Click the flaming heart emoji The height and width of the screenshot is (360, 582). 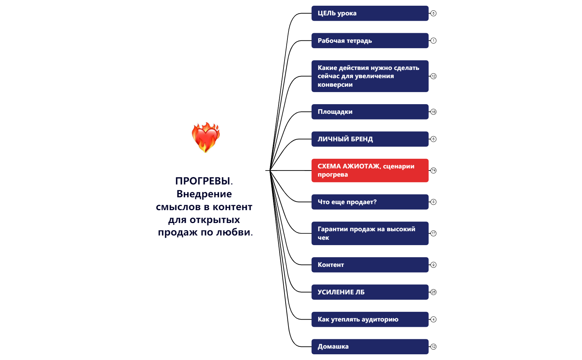(x=206, y=137)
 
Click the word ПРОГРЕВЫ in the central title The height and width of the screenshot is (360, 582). (x=202, y=181)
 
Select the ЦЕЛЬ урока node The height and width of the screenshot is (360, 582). (x=370, y=13)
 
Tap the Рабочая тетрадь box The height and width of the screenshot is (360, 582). (x=370, y=41)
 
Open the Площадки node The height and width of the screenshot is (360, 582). (x=370, y=112)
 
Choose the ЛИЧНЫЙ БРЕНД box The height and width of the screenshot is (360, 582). (x=370, y=139)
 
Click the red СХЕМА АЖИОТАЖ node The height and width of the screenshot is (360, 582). (x=370, y=171)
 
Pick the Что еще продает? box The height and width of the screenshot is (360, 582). (x=370, y=202)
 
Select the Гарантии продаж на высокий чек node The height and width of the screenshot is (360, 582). (x=370, y=233)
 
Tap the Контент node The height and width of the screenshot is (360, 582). (x=370, y=265)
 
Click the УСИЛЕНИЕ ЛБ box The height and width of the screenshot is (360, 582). (x=370, y=292)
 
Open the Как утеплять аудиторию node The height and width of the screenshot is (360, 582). (x=370, y=319)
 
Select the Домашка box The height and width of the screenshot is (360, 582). (x=370, y=346)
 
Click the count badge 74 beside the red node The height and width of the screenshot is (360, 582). (x=433, y=171)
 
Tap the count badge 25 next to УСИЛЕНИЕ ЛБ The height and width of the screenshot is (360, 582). (x=433, y=292)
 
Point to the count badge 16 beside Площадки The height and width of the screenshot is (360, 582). (x=433, y=112)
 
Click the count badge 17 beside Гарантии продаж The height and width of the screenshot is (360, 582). (x=433, y=233)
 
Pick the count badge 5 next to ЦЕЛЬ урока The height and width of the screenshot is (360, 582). (x=433, y=13)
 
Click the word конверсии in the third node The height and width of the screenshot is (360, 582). (x=335, y=85)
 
